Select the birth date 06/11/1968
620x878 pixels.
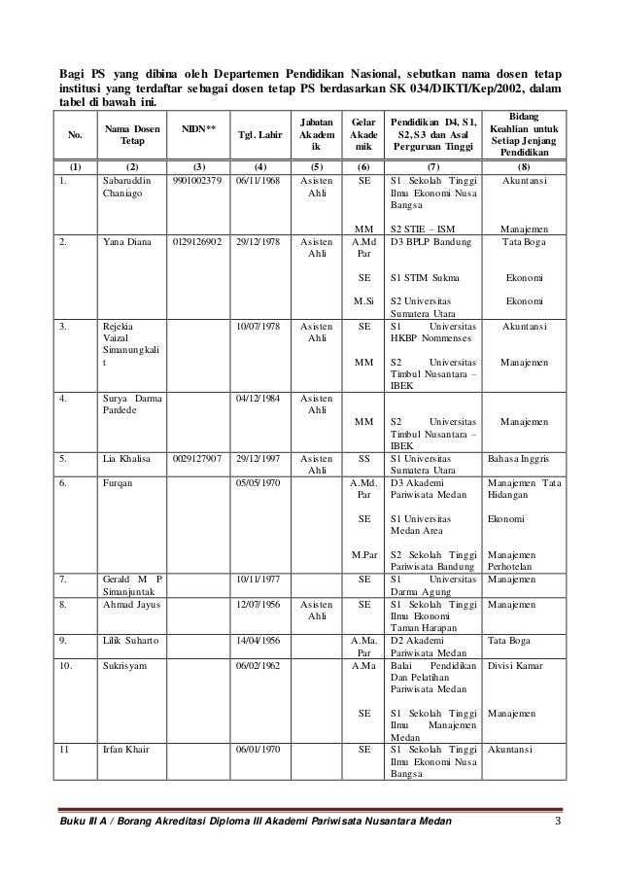point(258,181)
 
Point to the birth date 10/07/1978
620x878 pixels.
point(258,328)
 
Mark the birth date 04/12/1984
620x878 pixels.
point(258,397)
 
